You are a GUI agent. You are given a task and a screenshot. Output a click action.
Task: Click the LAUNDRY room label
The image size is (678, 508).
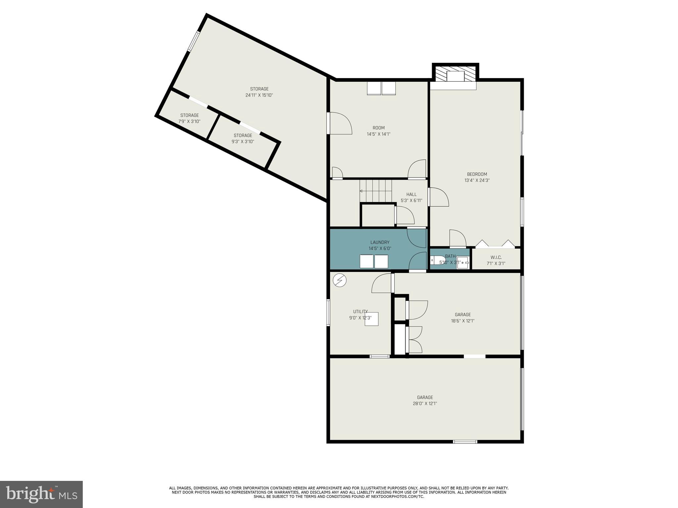pyautogui.click(x=380, y=242)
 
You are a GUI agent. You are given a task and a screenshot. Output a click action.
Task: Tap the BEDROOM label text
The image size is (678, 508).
pyautogui.click(x=477, y=174)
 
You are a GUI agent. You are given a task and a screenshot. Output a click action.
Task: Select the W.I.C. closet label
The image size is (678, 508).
pyautogui.click(x=496, y=257)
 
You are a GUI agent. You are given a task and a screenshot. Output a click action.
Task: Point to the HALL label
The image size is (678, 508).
pyautogui.click(x=411, y=194)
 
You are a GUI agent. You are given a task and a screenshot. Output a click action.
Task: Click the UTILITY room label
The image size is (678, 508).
pyautogui.click(x=360, y=312)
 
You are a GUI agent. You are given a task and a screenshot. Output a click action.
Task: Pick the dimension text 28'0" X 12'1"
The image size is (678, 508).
pyautogui.click(x=425, y=403)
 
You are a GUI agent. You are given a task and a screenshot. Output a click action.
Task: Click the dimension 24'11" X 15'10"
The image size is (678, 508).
pyautogui.click(x=259, y=95)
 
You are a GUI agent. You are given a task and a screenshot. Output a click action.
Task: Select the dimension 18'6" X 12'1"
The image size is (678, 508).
pyautogui.click(x=462, y=321)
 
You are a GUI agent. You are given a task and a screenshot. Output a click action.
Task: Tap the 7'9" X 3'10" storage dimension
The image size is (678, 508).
pyautogui.click(x=189, y=121)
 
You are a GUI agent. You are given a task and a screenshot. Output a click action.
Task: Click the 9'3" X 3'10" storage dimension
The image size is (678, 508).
pyautogui.click(x=243, y=142)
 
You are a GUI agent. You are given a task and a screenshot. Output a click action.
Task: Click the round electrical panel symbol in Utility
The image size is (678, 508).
pyautogui.click(x=339, y=281)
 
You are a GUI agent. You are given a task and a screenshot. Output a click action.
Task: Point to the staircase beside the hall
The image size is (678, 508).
pyautogui.click(x=376, y=191)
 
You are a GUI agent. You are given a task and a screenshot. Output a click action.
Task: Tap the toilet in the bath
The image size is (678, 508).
pyautogui.click(x=437, y=260)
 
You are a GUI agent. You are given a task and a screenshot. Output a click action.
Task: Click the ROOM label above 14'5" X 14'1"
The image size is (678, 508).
pyautogui.click(x=378, y=128)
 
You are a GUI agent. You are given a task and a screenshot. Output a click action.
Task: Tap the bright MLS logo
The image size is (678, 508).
pyautogui.click(x=41, y=494)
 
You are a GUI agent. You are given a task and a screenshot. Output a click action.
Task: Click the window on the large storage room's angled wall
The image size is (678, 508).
pyautogui.click(x=194, y=41)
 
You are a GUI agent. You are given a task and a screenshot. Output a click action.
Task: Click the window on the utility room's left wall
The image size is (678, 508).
pyautogui.click(x=328, y=312)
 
